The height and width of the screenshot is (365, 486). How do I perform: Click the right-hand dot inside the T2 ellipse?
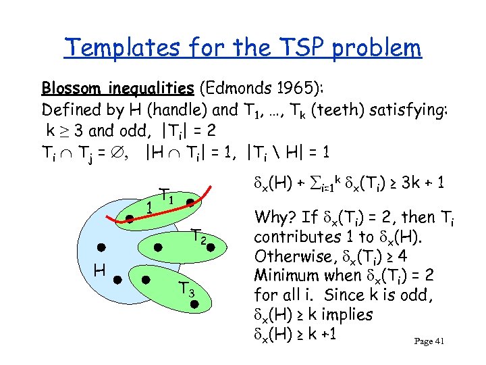[x=210, y=248]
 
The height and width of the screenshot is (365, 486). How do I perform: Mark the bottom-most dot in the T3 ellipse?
[x=194, y=305]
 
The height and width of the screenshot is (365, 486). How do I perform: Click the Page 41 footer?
[x=429, y=341]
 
